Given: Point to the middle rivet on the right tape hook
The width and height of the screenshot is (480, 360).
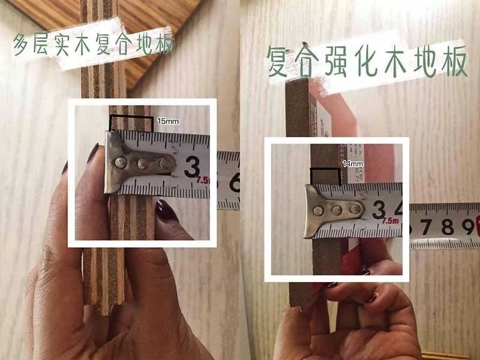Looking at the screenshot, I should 337,210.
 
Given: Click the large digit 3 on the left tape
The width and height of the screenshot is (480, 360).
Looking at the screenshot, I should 192,166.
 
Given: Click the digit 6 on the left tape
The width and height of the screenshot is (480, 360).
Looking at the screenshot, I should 233,182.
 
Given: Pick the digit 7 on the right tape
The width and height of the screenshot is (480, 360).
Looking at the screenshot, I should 428,227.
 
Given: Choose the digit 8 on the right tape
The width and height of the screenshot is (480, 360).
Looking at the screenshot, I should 446,226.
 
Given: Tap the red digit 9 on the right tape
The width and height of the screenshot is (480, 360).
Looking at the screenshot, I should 466,226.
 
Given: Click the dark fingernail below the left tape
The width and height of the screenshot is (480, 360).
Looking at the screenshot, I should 166,211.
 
